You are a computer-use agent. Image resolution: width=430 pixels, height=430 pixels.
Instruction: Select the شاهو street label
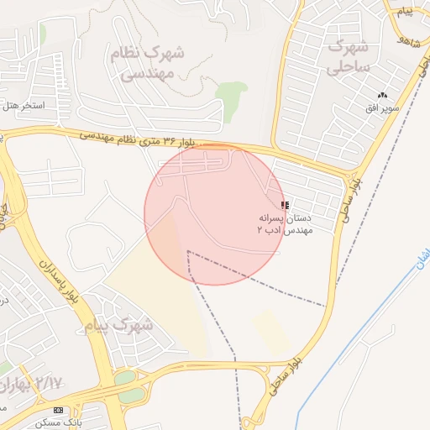click(x=410, y=40)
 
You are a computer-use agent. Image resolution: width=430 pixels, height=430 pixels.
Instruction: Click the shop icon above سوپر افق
click(x=383, y=96)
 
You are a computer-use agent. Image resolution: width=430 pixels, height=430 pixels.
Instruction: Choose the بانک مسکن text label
click(x=59, y=422)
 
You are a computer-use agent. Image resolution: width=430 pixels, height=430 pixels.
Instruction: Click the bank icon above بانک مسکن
click(x=58, y=410)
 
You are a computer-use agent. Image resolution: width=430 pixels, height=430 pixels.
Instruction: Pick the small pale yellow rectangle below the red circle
click(x=272, y=329)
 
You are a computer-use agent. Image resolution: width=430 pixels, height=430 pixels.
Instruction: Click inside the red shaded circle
click(x=215, y=214)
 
